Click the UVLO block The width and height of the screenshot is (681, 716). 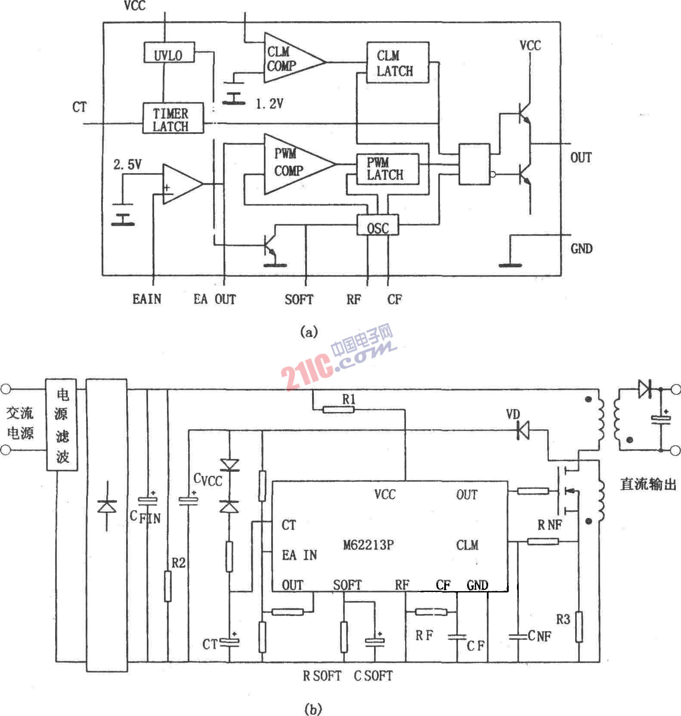(x=169, y=53)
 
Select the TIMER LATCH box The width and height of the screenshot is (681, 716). (x=173, y=118)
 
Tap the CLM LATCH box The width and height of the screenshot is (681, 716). (x=397, y=63)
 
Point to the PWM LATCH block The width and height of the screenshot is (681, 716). (x=387, y=169)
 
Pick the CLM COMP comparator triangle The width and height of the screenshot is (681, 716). (x=288, y=59)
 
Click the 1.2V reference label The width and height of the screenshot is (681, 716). (x=269, y=104)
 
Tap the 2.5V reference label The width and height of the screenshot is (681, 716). (x=127, y=164)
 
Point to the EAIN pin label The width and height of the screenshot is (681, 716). (x=147, y=299)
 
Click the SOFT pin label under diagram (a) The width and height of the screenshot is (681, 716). (x=299, y=299)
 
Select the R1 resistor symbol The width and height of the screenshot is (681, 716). (x=338, y=409)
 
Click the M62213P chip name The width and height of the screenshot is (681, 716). (x=368, y=545)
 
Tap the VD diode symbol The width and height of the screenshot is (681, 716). (x=523, y=430)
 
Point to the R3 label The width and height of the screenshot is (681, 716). (x=563, y=620)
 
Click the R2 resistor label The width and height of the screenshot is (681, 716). (x=178, y=563)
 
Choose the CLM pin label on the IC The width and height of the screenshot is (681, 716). (x=467, y=546)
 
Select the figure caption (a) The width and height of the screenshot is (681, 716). (x=309, y=332)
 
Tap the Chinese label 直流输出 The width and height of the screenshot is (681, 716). (x=648, y=484)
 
